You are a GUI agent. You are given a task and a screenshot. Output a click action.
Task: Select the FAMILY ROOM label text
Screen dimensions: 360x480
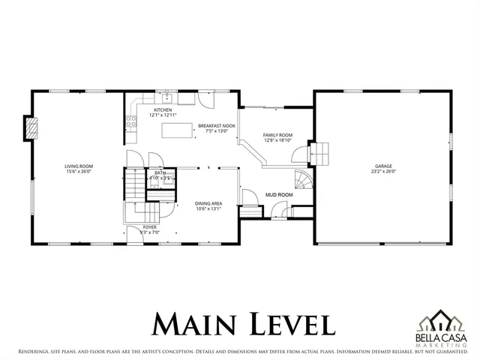(x=277, y=135)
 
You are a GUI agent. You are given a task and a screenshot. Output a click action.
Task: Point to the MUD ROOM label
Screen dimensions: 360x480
(x=279, y=194)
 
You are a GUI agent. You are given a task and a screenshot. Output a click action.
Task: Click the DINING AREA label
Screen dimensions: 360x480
(x=208, y=203)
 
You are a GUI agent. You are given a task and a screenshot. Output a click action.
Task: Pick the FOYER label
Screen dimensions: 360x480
(x=150, y=227)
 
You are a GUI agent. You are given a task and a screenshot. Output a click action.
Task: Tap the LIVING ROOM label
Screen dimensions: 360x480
(x=78, y=166)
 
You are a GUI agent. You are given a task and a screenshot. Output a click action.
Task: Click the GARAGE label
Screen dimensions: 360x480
(x=384, y=166)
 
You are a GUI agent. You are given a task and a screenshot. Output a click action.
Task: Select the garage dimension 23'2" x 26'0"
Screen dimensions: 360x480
(x=384, y=171)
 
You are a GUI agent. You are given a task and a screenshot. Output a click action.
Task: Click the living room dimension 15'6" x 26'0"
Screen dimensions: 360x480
(x=78, y=171)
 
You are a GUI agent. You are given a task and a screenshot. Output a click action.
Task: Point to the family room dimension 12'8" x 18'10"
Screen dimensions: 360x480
(x=277, y=140)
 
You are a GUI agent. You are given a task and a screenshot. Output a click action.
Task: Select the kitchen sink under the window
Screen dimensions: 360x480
(x=169, y=98)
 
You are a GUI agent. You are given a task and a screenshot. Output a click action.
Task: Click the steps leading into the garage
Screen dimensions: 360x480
(x=320, y=153)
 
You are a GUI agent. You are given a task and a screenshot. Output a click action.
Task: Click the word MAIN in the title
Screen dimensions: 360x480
(x=196, y=324)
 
